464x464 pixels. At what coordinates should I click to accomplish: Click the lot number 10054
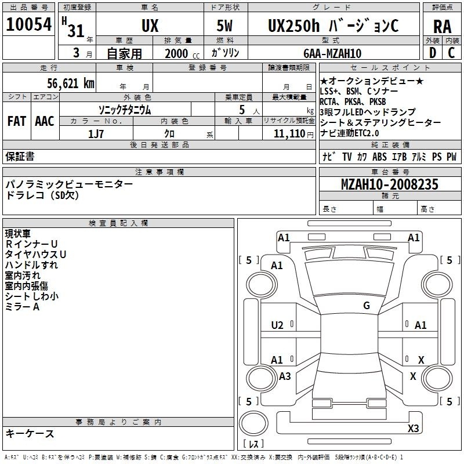tap(29, 24)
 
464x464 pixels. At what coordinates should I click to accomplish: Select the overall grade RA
tap(443, 27)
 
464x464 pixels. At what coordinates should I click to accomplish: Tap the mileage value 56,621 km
tap(71, 84)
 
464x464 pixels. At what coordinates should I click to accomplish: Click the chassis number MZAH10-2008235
tap(390, 184)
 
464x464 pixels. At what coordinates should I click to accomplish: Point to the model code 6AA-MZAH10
tap(332, 53)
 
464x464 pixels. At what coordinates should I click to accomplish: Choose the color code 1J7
tap(96, 134)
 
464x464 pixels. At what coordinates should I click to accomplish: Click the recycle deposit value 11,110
tap(289, 134)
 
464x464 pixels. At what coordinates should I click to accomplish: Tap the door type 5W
tap(224, 26)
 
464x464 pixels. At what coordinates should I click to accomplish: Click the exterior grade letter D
tap(432, 53)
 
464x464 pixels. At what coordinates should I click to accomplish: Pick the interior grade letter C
tap(451, 53)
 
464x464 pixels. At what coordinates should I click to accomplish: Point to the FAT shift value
tap(17, 121)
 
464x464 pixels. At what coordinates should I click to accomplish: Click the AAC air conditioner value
tap(45, 121)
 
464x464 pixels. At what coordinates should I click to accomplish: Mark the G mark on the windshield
tap(367, 306)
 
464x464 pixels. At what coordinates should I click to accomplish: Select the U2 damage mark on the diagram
tap(277, 325)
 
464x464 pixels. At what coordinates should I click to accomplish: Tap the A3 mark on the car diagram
tap(285, 376)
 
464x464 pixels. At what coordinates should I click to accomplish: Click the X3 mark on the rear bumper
tap(413, 428)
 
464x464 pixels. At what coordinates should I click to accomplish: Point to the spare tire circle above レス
tap(253, 423)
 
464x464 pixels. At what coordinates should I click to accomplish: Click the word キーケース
tap(30, 434)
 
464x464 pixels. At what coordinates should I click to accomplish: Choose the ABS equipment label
tap(379, 157)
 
